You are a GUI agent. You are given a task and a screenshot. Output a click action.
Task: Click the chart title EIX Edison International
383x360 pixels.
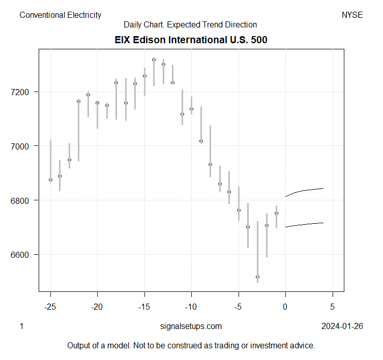coord(190,40)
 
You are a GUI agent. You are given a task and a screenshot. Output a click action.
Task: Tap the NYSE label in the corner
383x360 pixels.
coord(352,15)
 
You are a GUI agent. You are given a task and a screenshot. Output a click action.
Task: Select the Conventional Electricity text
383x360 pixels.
coord(61,15)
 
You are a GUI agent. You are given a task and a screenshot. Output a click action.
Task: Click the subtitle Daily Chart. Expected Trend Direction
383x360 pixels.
coord(190,24)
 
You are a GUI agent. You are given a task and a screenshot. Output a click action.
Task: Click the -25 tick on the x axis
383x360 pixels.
coord(50,307)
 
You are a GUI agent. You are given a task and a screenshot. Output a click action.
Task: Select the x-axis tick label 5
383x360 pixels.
coord(333,307)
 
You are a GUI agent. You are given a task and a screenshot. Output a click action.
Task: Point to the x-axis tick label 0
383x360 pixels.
coord(285,307)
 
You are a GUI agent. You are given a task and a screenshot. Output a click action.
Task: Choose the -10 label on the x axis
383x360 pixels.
coord(191,307)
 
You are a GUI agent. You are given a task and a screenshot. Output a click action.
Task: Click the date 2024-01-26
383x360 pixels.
coord(342,326)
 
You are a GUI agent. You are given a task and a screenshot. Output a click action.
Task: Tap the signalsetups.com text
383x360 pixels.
coord(191,326)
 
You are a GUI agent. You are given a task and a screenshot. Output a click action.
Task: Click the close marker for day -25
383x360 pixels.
coord(50,179)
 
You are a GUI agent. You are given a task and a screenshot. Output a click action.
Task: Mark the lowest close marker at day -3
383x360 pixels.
coord(257,277)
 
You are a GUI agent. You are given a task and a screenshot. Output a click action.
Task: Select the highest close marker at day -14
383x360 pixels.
coord(154,59)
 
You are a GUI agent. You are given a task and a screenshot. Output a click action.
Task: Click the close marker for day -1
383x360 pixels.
coord(276,213)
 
